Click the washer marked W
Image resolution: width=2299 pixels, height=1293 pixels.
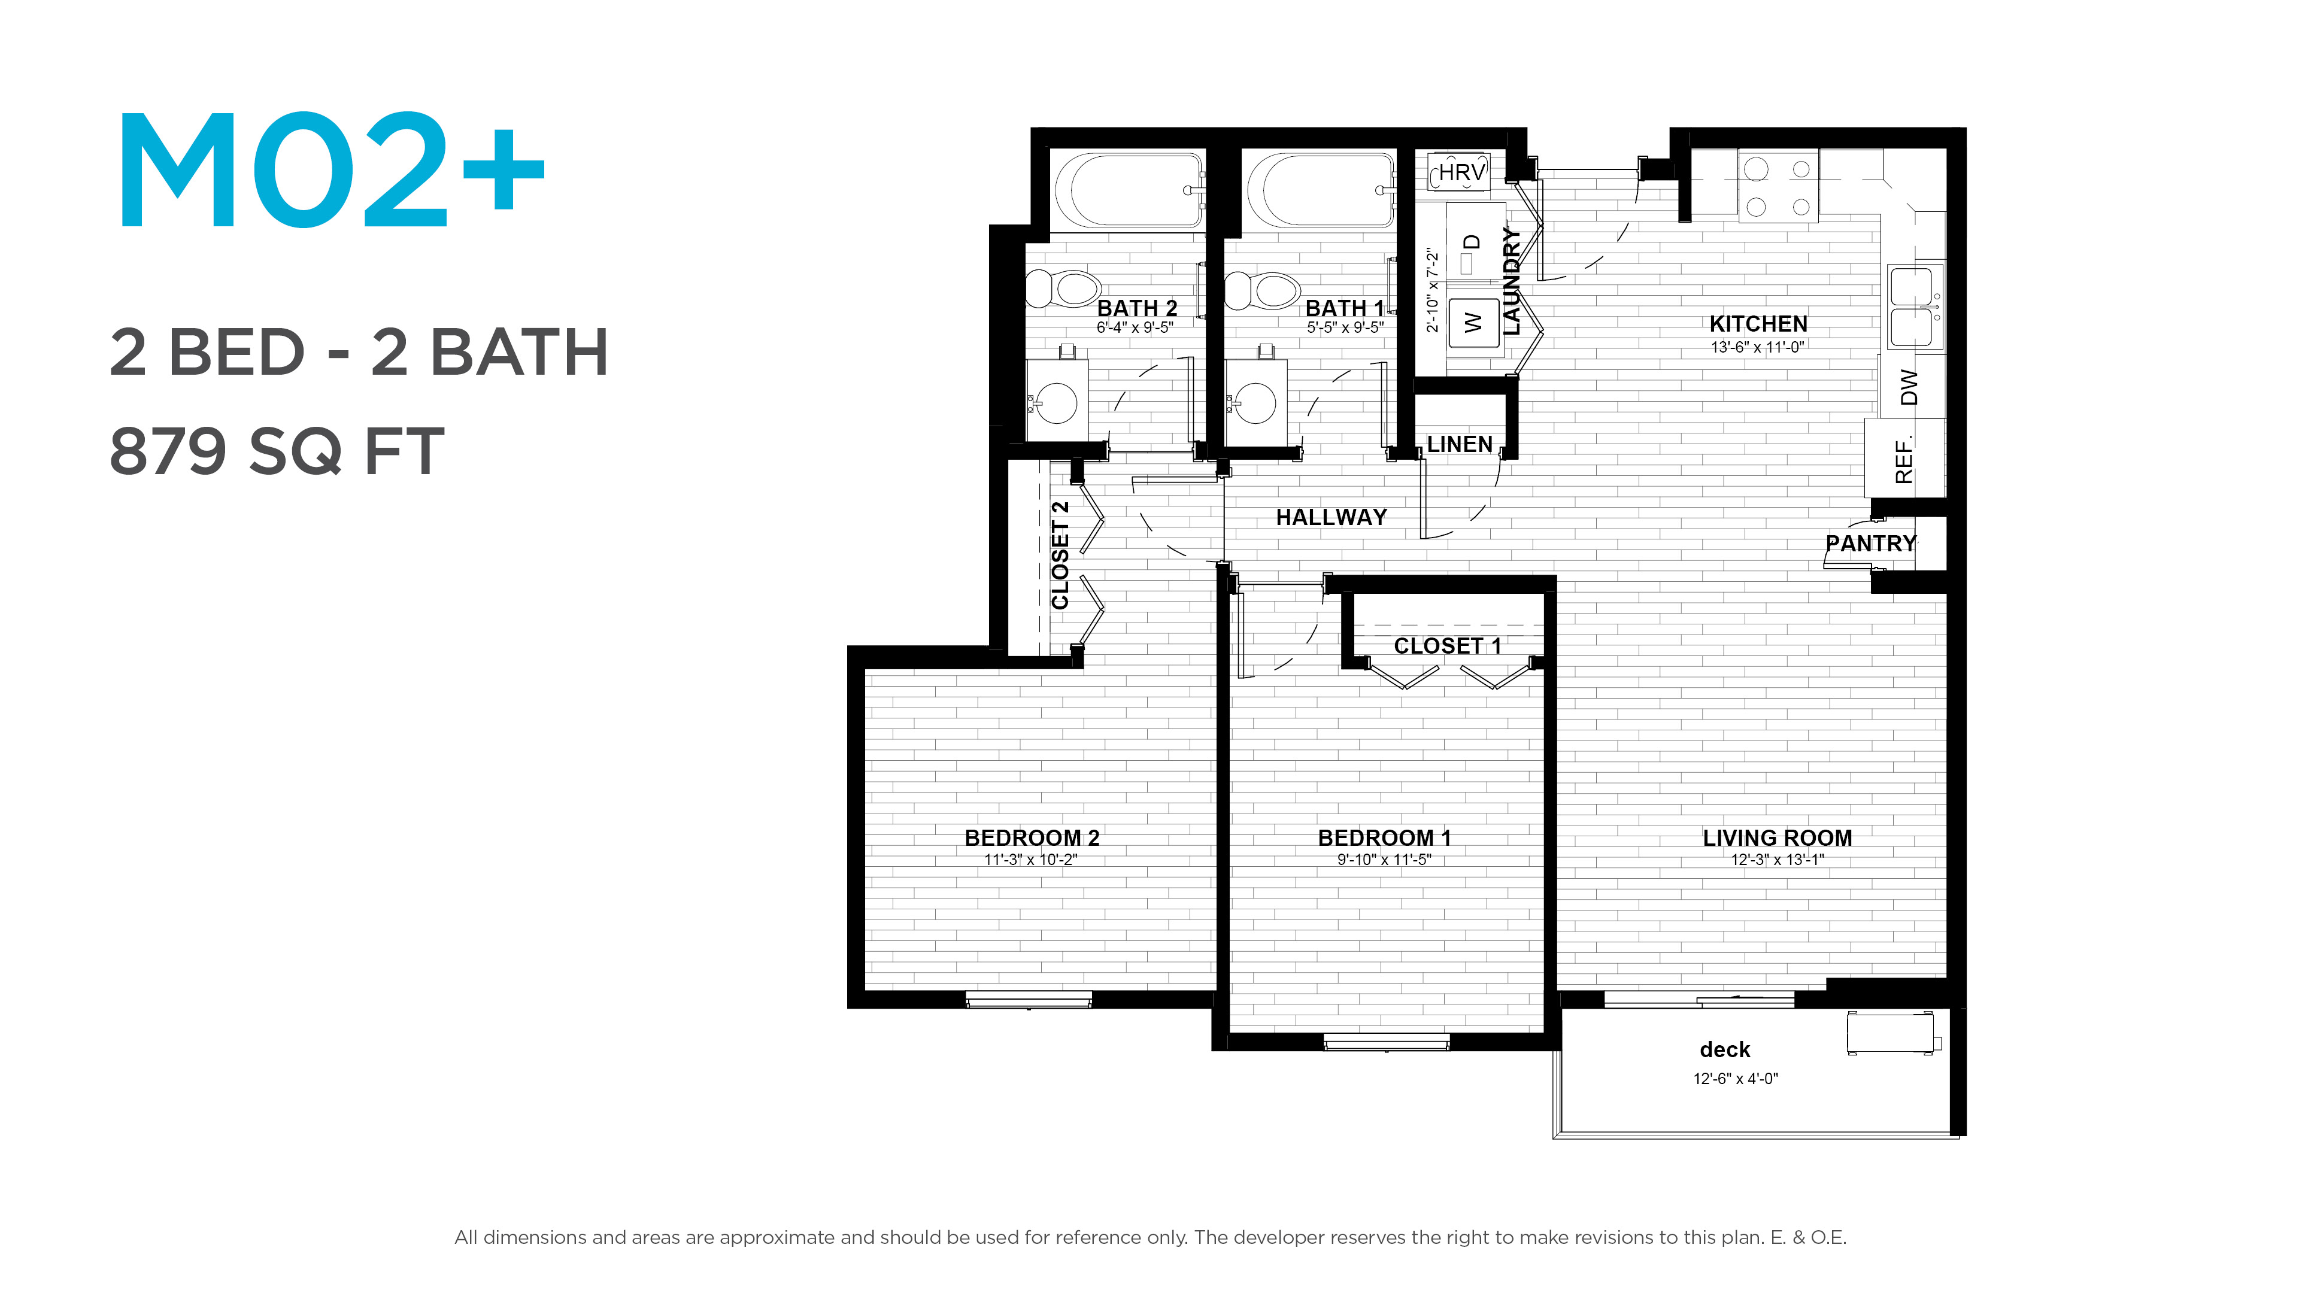[1473, 322]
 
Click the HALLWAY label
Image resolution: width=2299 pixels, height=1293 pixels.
[1331, 518]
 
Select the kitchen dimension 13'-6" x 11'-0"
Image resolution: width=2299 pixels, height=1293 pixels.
[1757, 347]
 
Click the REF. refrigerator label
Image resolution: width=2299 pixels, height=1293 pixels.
[1904, 460]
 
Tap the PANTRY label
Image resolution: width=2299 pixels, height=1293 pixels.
[1870, 544]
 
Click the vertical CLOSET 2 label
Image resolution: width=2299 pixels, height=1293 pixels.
[1060, 555]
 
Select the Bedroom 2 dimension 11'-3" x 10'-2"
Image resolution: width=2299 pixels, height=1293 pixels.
[1031, 860]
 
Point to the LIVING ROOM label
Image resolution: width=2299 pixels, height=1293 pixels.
[1777, 838]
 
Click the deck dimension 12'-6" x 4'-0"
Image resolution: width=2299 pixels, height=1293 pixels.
[1736, 1078]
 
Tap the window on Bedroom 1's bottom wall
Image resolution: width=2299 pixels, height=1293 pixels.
[1386, 1042]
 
